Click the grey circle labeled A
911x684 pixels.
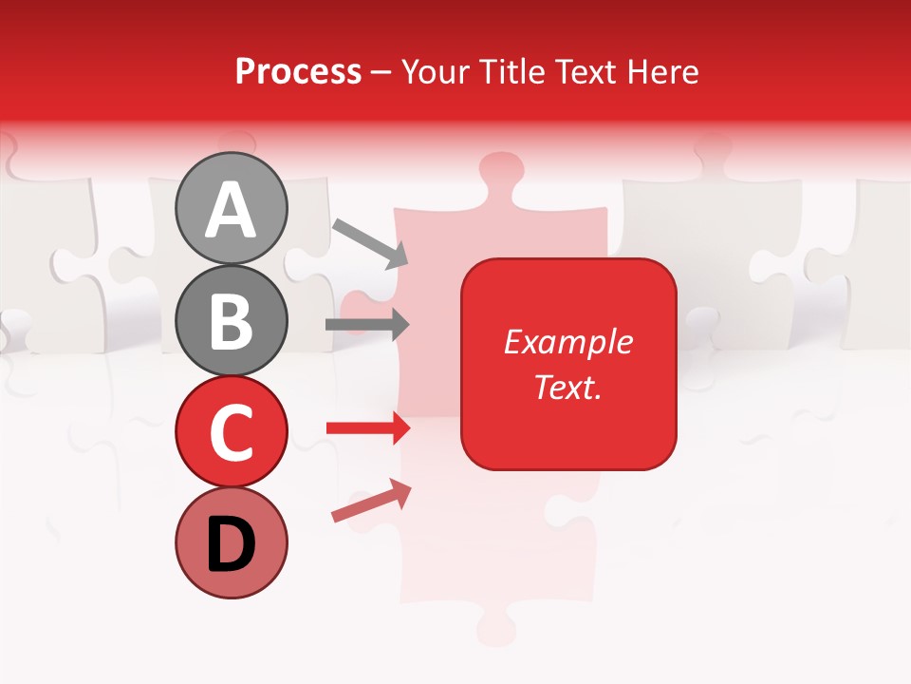point(231,208)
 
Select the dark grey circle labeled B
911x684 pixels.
point(231,320)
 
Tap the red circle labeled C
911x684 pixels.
point(231,431)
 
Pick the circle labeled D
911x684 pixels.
point(231,542)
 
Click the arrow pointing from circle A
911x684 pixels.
point(370,241)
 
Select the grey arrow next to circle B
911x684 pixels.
point(367,325)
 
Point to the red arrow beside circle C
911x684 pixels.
point(367,428)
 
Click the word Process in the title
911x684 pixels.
point(298,71)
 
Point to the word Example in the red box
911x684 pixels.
point(568,342)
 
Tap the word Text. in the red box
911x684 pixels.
point(568,387)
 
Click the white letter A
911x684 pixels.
point(231,210)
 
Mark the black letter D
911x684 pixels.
point(231,544)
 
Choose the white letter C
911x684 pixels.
point(231,432)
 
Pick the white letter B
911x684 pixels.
point(231,321)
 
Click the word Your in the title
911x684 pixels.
point(436,71)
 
